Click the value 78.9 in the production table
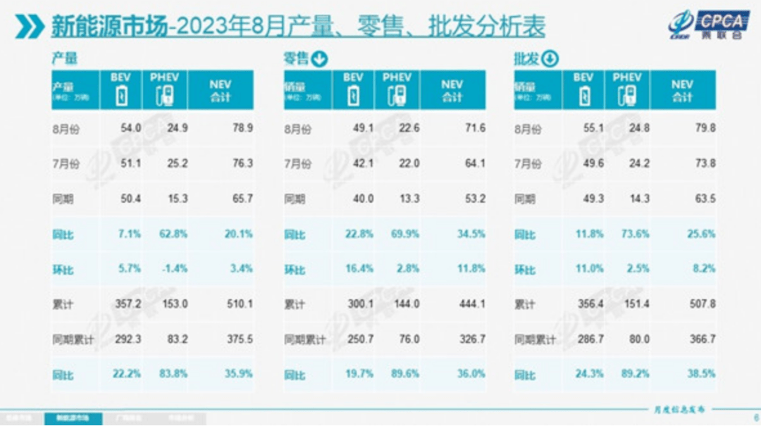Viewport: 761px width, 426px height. pos(242,129)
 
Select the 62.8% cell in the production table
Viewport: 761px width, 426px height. pos(174,234)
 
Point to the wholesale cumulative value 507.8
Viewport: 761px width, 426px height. pos(702,305)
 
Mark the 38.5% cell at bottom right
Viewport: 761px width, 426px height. pos(701,375)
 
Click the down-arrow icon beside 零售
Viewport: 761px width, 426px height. pos(320,59)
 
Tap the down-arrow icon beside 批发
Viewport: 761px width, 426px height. pos(550,59)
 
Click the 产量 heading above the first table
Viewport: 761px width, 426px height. pos(64,59)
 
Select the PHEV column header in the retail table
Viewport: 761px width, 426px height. pos(397,89)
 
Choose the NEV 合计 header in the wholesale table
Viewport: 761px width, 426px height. pos(682,90)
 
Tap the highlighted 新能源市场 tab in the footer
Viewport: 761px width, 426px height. pos(73,418)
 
